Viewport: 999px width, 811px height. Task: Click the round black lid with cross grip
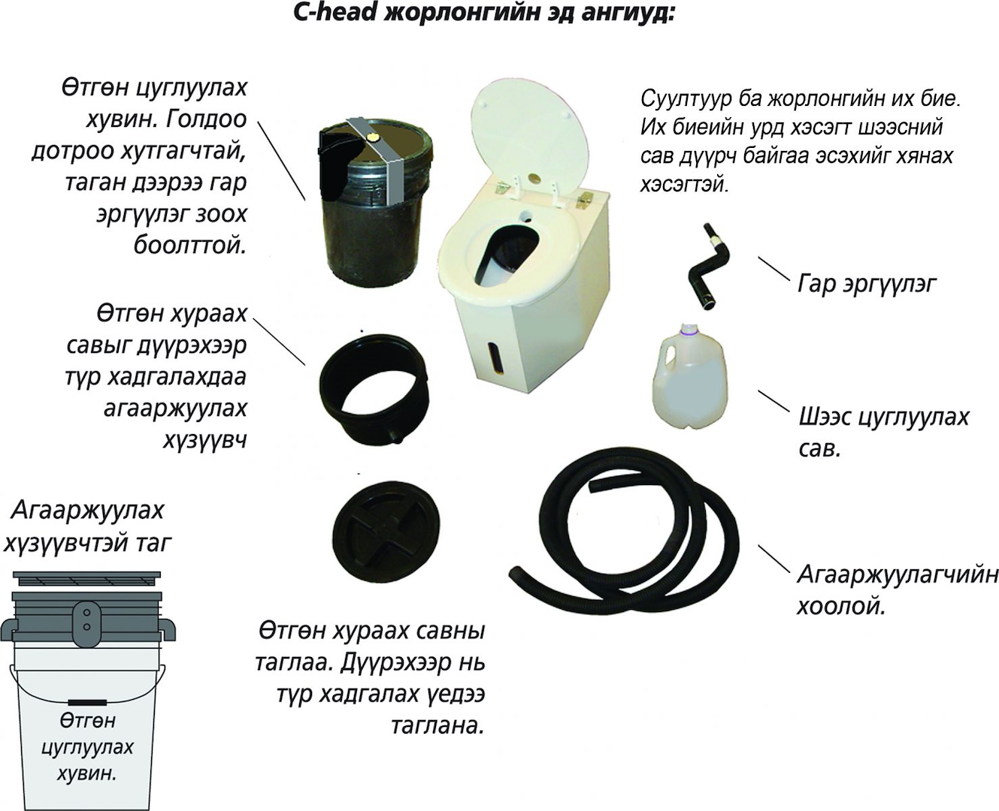386,532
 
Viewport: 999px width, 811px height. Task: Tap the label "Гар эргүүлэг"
867,284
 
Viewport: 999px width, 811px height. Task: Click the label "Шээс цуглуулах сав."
884,433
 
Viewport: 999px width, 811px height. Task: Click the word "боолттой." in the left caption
190,245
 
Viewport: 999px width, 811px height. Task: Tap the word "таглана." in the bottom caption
437,725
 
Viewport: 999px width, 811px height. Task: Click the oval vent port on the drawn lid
86,620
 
